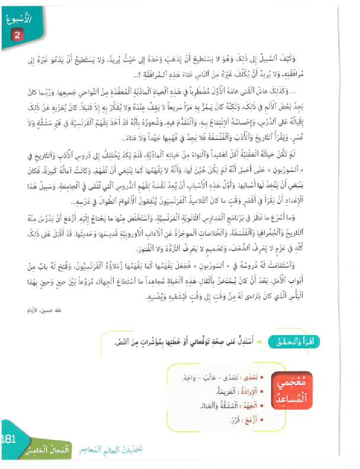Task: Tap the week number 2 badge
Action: click(x=17, y=35)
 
